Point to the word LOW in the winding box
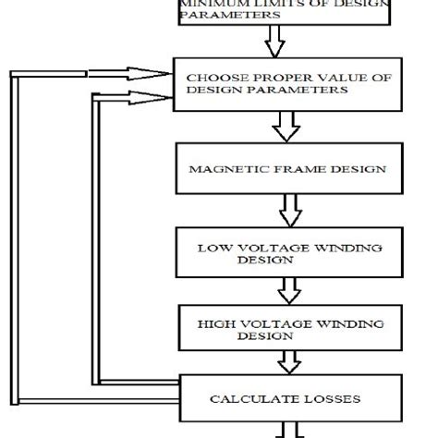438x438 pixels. tap(212, 248)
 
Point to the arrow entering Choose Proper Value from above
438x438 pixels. tap(274, 42)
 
